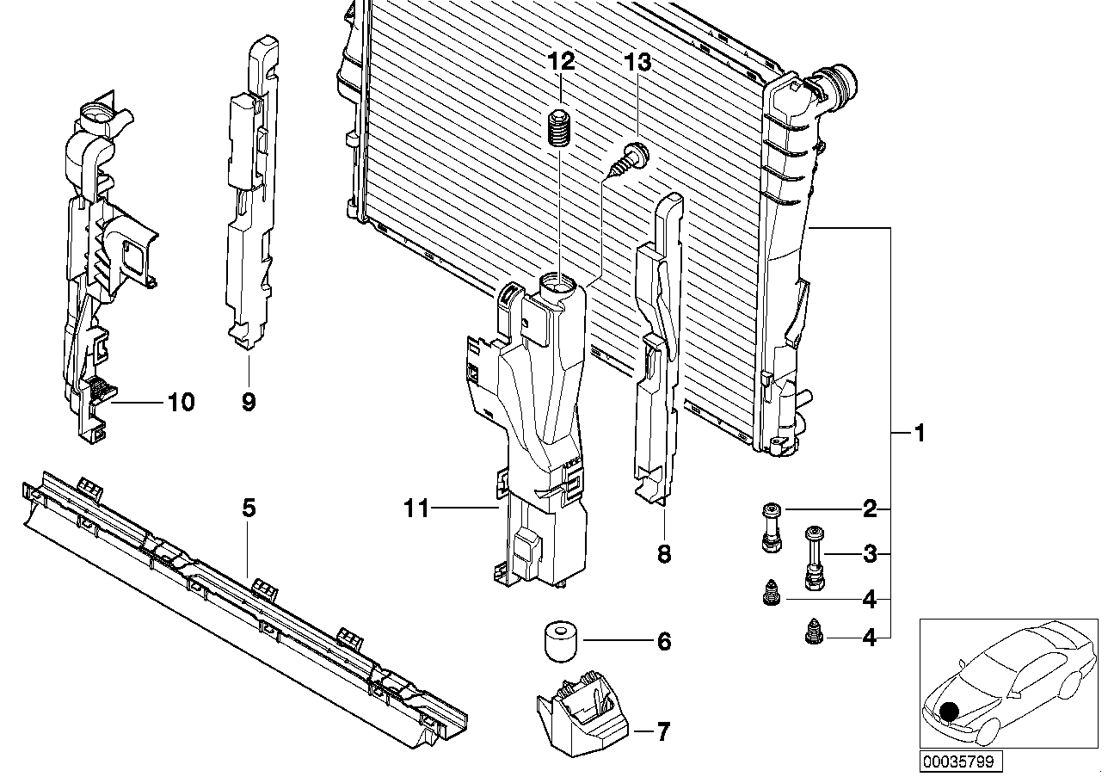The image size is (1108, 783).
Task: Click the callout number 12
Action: click(x=561, y=62)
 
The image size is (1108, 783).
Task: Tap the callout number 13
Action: click(x=638, y=62)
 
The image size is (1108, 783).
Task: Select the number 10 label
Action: click(x=182, y=401)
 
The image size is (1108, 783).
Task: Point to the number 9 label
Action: click(x=249, y=401)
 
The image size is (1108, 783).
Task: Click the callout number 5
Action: click(x=249, y=508)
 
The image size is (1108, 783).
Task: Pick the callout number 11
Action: click(x=416, y=509)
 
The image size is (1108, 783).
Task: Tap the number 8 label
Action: click(x=663, y=554)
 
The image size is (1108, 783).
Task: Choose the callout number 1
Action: click(x=919, y=434)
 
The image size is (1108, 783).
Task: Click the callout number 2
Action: click(x=870, y=509)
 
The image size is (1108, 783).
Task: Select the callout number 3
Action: click(x=870, y=554)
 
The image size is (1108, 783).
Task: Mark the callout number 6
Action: click(x=663, y=641)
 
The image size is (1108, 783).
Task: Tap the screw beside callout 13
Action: click(x=629, y=161)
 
